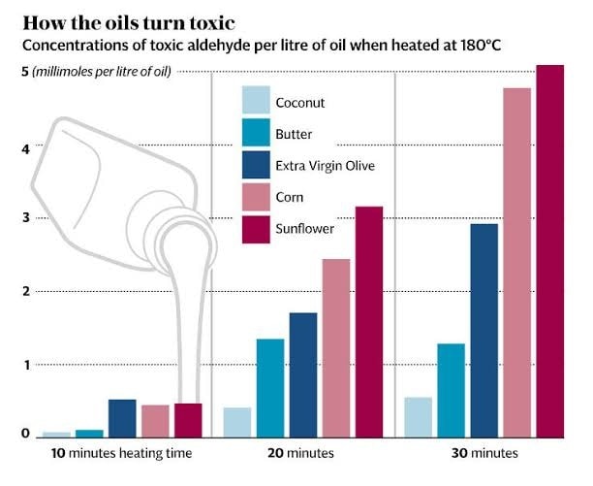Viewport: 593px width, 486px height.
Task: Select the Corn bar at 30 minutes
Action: pyautogui.click(x=516, y=262)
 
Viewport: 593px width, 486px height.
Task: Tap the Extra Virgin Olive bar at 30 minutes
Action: pyautogui.click(x=484, y=330)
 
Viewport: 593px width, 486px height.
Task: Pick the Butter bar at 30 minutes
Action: pyautogui.click(x=451, y=389)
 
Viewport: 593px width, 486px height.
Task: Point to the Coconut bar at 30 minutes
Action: pyautogui.click(x=418, y=416)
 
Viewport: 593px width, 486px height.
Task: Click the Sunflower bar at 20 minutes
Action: pyautogui.click(x=369, y=321)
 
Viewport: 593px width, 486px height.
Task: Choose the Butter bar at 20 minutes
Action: pyautogui.click(x=270, y=387)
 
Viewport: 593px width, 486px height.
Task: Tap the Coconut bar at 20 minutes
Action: pyautogui.click(x=237, y=422)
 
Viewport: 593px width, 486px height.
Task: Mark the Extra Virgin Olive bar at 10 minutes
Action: pyautogui.click(x=122, y=418)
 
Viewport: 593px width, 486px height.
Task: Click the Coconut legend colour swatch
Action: pyautogui.click(x=254, y=101)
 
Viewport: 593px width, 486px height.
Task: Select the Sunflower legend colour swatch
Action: pyautogui.click(x=254, y=229)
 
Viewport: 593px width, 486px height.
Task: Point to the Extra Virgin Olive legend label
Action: pyautogui.click(x=325, y=166)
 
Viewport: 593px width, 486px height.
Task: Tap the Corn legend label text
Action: pyautogui.click(x=290, y=197)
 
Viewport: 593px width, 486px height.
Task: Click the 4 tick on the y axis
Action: pyautogui.click(x=13, y=148)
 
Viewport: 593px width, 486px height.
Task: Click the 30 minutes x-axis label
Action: pyautogui.click(x=485, y=453)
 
